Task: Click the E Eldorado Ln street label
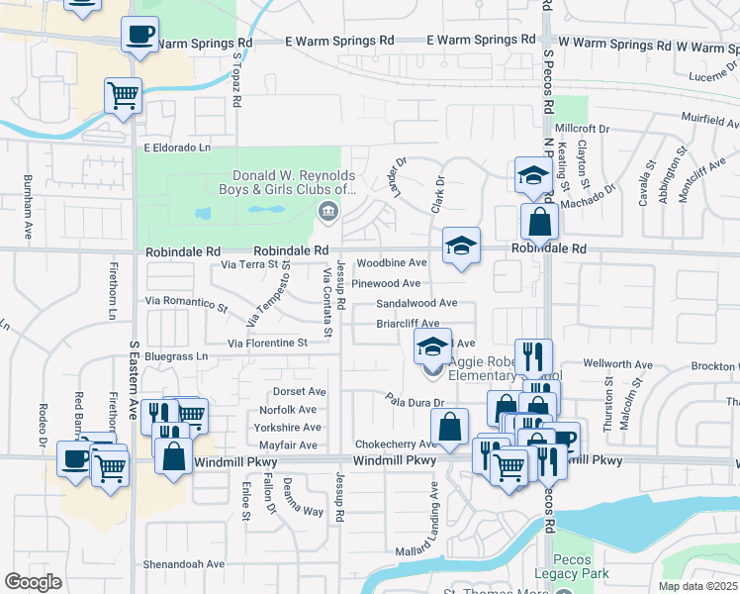pyautogui.click(x=178, y=148)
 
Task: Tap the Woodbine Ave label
pyautogui.click(x=392, y=263)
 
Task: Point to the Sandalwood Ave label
pyautogui.click(x=416, y=303)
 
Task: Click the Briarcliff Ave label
pyautogui.click(x=408, y=324)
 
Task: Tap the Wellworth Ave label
pyautogui.click(x=618, y=364)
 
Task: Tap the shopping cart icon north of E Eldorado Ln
pyautogui.click(x=124, y=96)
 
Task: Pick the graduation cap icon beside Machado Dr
pyautogui.click(x=533, y=175)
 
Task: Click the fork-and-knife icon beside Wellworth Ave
pyautogui.click(x=534, y=355)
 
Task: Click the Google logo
pyautogui.click(x=33, y=582)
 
